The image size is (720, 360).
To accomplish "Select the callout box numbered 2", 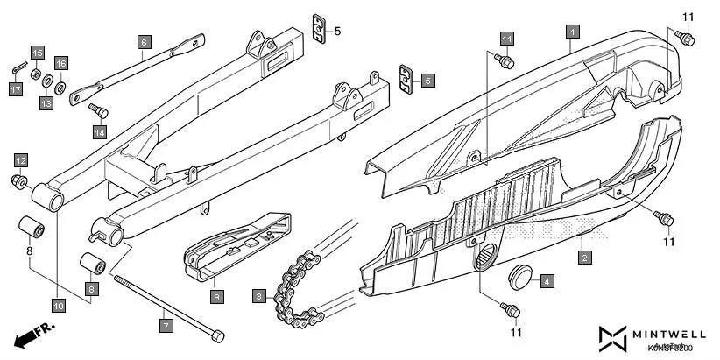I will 584,258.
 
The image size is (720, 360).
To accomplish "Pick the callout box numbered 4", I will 546,281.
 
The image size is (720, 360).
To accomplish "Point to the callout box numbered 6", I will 145,40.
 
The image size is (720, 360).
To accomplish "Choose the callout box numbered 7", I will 166,324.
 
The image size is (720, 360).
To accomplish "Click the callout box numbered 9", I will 216,296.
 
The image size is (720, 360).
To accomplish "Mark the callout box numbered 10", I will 58,306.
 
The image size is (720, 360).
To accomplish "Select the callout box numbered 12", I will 20,160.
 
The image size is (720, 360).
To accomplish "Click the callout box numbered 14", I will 100,131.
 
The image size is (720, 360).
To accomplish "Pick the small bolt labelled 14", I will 98,109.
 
